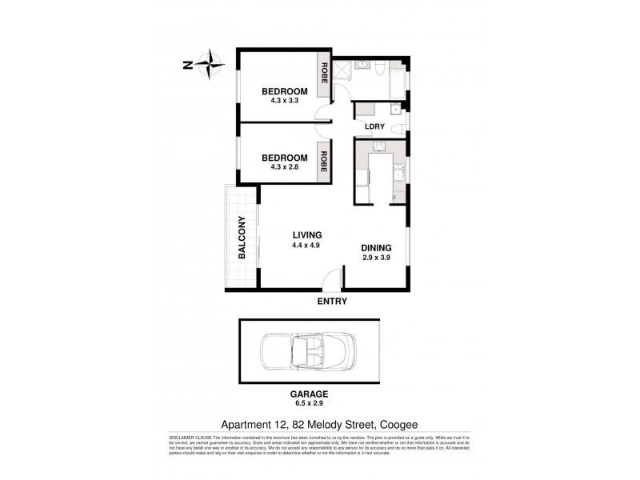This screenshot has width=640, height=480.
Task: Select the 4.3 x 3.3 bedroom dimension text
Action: (285, 102)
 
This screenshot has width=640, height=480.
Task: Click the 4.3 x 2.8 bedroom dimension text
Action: (285, 169)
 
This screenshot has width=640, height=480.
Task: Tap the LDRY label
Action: (374, 127)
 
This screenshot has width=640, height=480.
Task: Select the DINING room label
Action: (376, 249)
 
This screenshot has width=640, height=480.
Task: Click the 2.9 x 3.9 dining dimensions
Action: (376, 259)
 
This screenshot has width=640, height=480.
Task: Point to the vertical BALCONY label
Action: (240, 238)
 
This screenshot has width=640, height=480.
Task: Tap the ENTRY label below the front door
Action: (333, 301)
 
